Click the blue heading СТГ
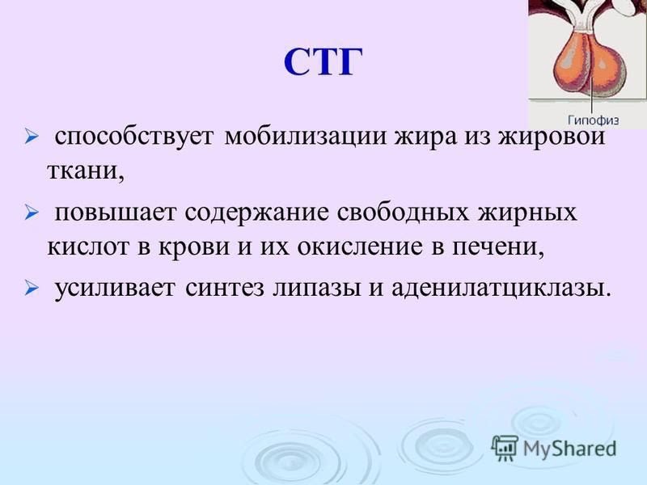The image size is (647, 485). [x=323, y=62]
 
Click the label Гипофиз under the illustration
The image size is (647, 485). [x=594, y=120]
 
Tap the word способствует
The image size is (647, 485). [x=134, y=137]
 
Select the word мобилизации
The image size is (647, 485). [x=306, y=137]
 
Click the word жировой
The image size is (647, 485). [x=552, y=136]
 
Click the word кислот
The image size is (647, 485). [x=88, y=247]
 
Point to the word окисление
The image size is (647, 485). [x=360, y=247]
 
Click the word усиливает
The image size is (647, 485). [x=115, y=288]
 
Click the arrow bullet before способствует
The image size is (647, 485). [x=31, y=136]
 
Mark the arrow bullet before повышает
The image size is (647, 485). [x=31, y=213]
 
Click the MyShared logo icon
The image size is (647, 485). [x=505, y=448]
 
